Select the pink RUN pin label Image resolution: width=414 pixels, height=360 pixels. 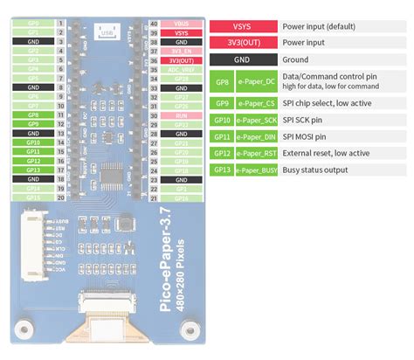coord(182,114)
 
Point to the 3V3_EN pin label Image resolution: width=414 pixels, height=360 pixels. coord(182,50)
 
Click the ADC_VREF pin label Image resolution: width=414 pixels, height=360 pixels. coord(182,68)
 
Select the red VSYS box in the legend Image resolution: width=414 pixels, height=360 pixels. coord(242,26)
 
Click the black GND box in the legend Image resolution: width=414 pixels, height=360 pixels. coord(242,59)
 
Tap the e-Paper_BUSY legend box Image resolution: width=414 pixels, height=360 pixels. coord(257,170)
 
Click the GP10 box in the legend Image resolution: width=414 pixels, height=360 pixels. coord(221,119)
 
